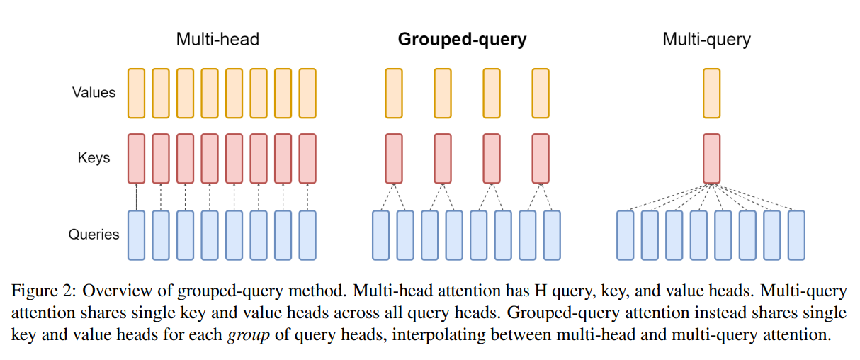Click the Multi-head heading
(217, 39)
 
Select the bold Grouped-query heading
(462, 39)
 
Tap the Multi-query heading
(706, 39)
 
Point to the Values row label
(94, 92)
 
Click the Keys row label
(94, 157)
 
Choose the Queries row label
(94, 234)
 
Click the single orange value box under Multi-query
(711, 93)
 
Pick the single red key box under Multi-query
(711, 158)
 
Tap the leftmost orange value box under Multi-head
(136, 93)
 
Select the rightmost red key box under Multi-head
(307, 158)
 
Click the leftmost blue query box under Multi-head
(136, 235)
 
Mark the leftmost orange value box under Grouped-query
(394, 93)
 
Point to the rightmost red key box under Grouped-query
(541, 158)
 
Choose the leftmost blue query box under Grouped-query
(381, 235)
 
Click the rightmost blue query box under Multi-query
(796, 235)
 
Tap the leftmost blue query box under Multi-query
(625, 235)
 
